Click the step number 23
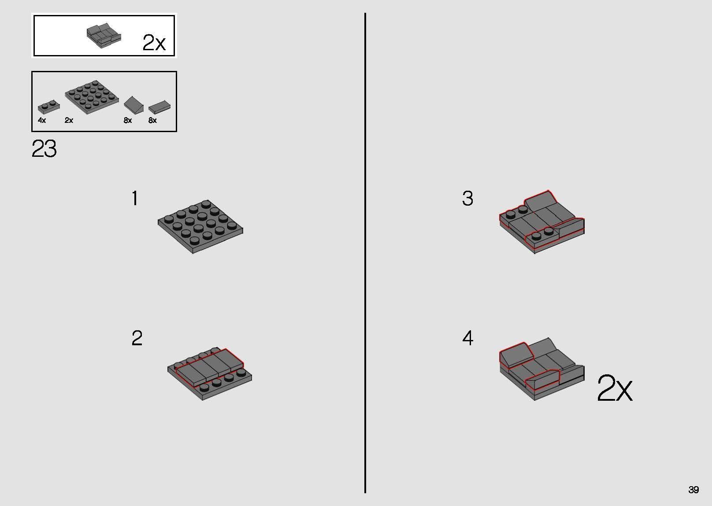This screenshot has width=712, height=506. tap(44, 148)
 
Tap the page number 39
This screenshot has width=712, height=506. tap(693, 489)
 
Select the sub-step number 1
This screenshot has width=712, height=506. tap(135, 198)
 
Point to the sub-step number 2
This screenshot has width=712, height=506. tap(137, 338)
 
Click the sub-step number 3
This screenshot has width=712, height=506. tap(467, 199)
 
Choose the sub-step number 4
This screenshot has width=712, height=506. tap(468, 338)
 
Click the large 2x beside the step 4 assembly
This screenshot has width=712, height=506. tap(615, 388)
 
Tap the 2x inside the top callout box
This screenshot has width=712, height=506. tap(154, 43)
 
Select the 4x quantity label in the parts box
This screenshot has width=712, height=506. tap(42, 120)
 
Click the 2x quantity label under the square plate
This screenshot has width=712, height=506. tap(69, 120)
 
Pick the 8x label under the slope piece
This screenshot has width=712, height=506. tap(128, 120)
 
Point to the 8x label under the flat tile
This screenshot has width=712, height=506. tap(152, 120)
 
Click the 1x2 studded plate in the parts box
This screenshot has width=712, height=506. tap(48, 107)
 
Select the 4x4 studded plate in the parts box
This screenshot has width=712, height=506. tap(92, 97)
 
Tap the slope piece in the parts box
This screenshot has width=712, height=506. tap(133, 105)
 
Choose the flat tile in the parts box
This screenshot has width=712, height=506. tap(159, 107)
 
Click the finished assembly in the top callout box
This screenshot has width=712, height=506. tap(104, 35)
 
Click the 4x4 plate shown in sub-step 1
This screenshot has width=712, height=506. tap(200, 227)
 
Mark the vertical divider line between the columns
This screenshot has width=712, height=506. tap(365, 253)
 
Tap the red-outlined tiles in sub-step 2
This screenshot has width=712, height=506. tap(209, 367)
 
